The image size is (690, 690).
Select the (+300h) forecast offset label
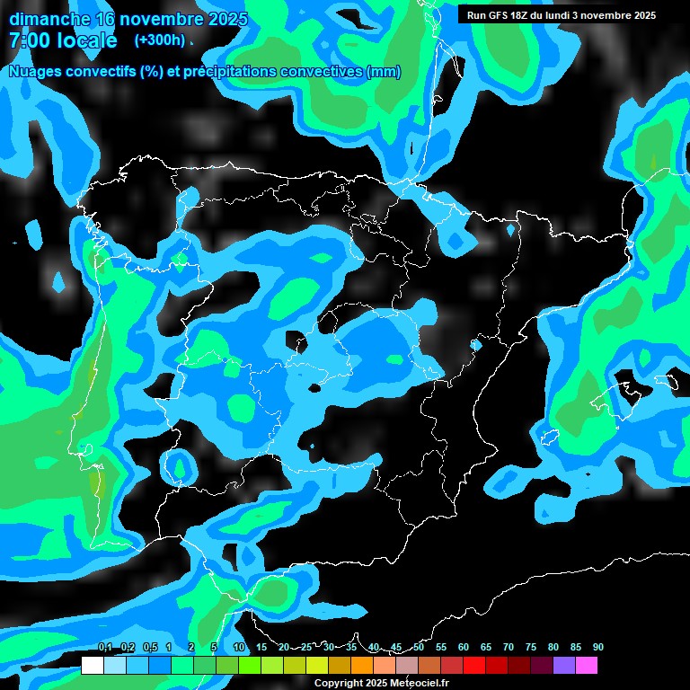pyautogui.click(x=160, y=40)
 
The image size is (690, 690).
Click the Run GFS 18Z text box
pyautogui.click(x=558, y=15)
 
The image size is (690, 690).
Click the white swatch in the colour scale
pyautogui.click(x=92, y=666)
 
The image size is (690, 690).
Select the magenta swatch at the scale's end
pyautogui.click(x=587, y=666)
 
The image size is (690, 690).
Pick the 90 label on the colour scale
pyautogui.click(x=598, y=647)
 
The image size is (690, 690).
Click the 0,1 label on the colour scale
pyautogui.click(x=105, y=647)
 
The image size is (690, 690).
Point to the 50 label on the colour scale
pyautogui.click(x=419, y=647)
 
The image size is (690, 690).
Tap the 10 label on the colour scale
pyautogui.click(x=239, y=647)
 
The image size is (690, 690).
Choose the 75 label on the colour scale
pyautogui.click(x=531, y=647)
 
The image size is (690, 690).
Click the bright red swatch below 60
pyautogui.click(x=474, y=666)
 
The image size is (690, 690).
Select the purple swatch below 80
pyautogui.click(x=564, y=666)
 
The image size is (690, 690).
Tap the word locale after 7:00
pyautogui.click(x=85, y=40)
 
